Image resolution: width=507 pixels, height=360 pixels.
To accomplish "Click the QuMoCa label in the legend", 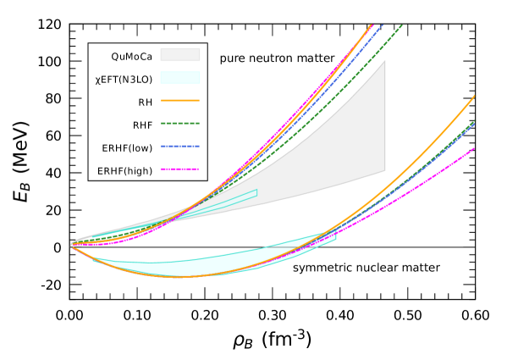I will [131, 57].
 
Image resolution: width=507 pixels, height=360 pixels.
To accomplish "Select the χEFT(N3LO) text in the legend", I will [124, 79].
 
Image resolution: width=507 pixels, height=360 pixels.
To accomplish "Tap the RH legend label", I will [146, 102].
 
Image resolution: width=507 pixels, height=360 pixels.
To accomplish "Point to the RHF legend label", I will [142, 125].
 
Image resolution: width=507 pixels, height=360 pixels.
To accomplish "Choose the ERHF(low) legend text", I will [127, 147].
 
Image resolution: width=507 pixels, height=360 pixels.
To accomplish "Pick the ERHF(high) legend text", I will [125, 170].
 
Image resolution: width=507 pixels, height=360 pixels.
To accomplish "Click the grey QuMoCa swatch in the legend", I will [179, 55].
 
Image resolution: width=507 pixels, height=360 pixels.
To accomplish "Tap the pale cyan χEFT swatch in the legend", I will [179, 78].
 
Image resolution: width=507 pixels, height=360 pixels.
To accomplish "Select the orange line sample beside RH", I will [179, 101].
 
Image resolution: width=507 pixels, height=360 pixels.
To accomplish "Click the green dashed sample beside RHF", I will [179, 124].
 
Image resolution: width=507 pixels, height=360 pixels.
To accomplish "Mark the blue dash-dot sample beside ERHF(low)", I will [179, 147].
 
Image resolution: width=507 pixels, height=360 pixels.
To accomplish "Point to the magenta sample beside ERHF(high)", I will [179, 169].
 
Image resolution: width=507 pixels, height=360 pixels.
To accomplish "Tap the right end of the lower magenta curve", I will [474, 149].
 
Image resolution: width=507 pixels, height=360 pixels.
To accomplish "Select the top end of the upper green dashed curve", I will [402, 25].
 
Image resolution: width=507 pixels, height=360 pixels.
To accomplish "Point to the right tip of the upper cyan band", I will [256, 194].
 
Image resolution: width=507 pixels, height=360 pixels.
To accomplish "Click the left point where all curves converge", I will [71, 246].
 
